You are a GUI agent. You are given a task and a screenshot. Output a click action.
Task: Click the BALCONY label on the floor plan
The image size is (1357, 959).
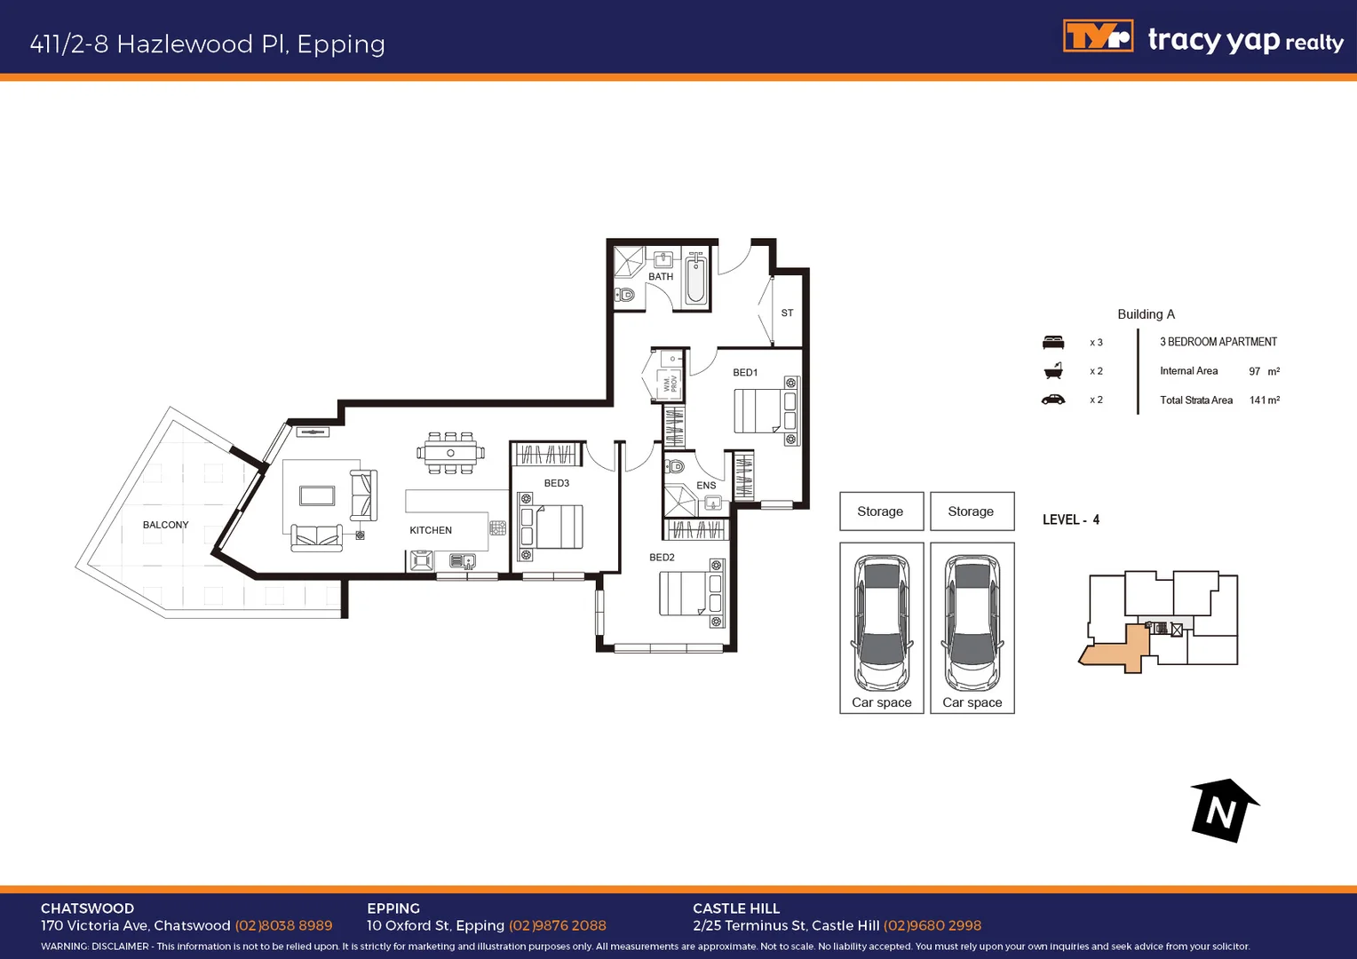165,525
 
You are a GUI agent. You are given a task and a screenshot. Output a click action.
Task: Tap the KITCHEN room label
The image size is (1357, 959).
431,530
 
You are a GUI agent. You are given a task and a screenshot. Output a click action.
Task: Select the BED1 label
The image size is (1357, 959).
745,373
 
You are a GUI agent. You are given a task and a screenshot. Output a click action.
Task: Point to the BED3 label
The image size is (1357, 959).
557,483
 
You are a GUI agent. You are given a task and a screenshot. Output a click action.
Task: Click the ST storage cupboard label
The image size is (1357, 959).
787,313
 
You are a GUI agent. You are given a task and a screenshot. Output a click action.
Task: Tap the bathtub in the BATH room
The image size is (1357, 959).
696,279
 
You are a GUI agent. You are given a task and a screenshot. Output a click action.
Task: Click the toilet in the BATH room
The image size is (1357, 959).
625,295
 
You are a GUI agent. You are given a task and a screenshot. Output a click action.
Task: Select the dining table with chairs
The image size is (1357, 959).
451,453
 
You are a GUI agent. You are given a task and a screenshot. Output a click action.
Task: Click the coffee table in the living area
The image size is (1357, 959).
317,495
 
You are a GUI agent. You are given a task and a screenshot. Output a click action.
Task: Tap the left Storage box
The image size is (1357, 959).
881,511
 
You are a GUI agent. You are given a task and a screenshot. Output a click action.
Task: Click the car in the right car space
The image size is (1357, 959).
972,623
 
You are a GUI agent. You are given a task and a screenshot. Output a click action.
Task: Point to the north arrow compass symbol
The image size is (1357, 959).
1223,810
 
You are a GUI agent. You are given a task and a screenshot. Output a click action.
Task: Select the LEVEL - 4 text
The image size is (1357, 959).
1071,519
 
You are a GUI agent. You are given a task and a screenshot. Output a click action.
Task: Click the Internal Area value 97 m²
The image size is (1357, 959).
1264,371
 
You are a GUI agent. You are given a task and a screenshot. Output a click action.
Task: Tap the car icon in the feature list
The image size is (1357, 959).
1053,400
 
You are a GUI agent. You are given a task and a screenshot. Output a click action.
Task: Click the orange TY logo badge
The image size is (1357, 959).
1098,37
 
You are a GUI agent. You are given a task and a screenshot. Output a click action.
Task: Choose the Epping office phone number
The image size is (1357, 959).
558,925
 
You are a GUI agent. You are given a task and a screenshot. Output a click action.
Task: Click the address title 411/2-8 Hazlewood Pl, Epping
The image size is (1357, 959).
208,44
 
